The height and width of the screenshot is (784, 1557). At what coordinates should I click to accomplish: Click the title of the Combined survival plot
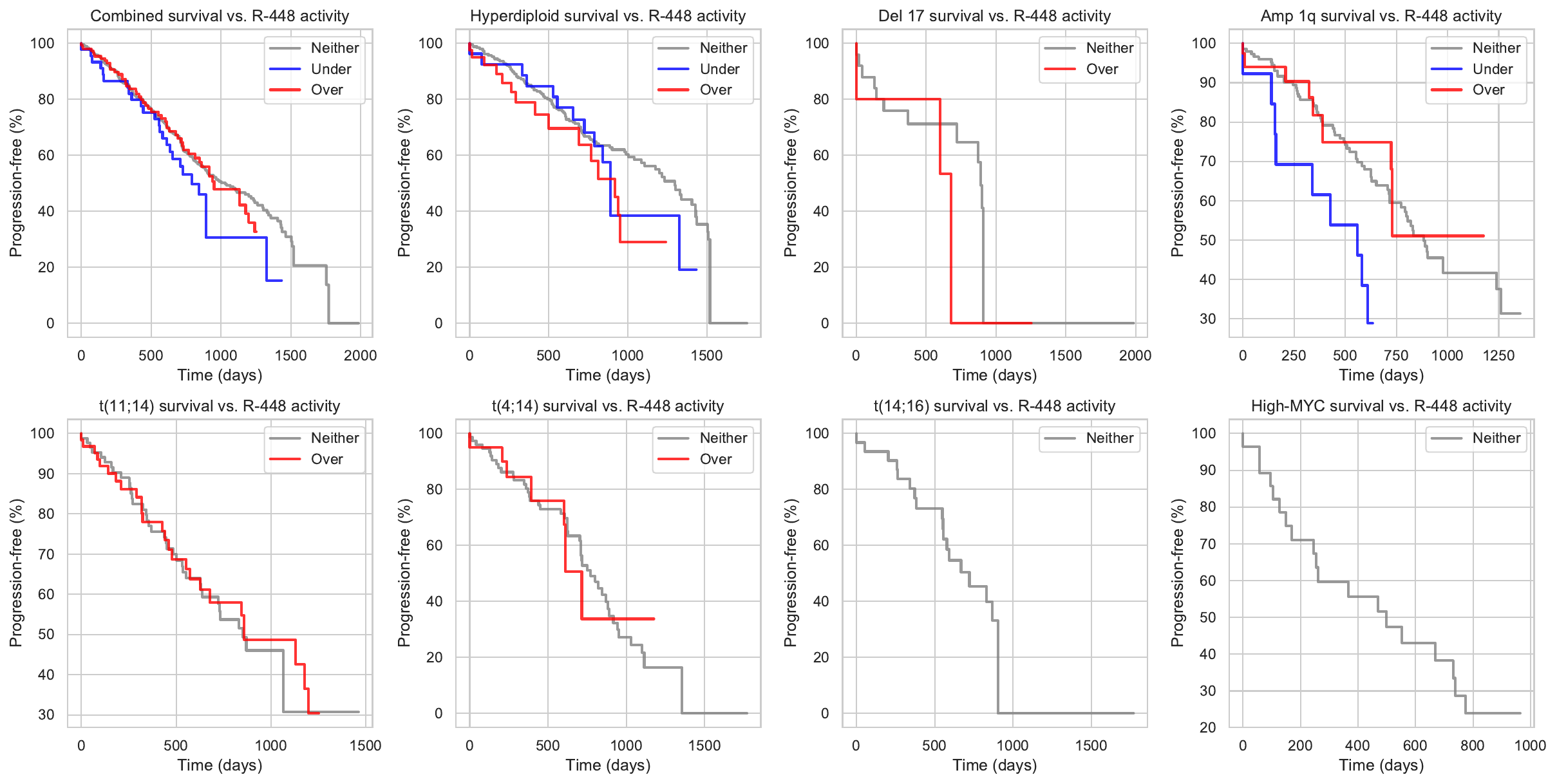tap(220, 15)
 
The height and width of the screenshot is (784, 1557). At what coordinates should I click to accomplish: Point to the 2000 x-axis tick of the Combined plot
tap(360, 355)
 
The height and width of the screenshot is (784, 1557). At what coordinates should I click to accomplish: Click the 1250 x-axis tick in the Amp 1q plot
tap(1498, 355)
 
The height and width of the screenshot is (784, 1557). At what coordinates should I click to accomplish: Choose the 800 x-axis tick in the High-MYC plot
tap(1472, 745)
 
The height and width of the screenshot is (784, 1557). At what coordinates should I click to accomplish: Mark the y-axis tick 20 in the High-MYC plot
tap(1207, 727)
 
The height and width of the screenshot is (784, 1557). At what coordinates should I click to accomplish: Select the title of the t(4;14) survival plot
tap(608, 406)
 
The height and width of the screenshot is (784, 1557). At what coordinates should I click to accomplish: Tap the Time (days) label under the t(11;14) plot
tap(220, 765)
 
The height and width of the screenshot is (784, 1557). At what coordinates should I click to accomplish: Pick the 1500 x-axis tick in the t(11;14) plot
tap(365, 745)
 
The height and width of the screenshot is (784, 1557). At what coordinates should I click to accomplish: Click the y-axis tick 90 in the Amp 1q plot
tap(1207, 82)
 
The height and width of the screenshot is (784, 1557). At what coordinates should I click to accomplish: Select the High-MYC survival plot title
tap(1381, 406)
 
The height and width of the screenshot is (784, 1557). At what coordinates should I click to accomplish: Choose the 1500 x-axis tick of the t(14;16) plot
tap(1091, 745)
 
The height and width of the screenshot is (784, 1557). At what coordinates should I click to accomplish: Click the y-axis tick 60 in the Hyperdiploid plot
tap(435, 155)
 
